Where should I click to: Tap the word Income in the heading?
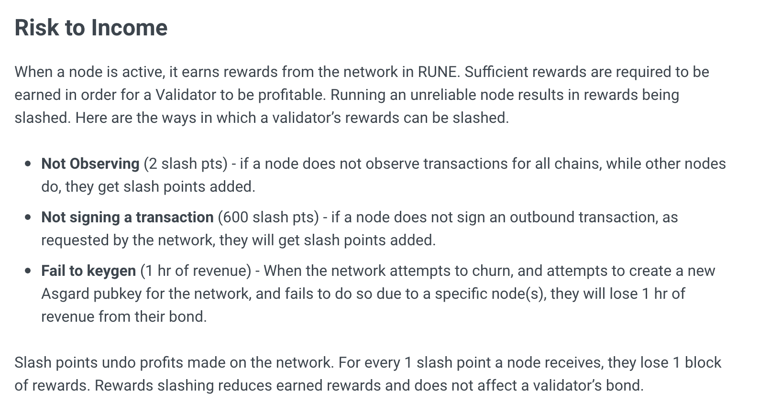(129, 27)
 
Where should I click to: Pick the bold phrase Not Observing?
(90, 163)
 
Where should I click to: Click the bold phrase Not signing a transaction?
(127, 217)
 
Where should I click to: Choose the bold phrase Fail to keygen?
(88, 271)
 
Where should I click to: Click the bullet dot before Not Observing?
(29, 164)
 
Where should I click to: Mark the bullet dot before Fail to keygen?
(29, 271)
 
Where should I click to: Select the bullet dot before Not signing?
(29, 218)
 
